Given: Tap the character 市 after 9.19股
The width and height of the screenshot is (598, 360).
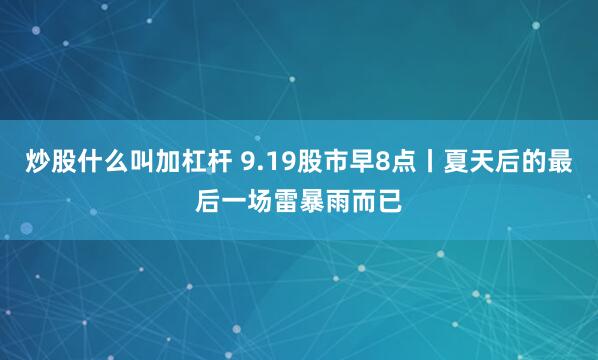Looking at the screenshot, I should click(335, 161).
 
